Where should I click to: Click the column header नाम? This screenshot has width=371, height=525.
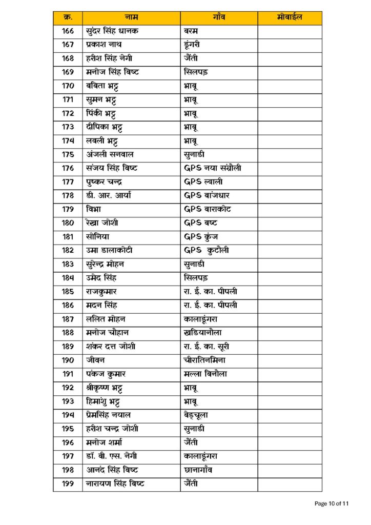pyautogui.click(x=131, y=18)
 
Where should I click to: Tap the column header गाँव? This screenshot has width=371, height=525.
pyautogui.click(x=218, y=18)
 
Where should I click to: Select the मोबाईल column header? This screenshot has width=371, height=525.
pyautogui.click(x=290, y=18)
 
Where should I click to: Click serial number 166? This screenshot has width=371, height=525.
pyautogui.click(x=68, y=31)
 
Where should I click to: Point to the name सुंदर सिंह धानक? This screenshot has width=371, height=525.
pyautogui.click(x=112, y=31)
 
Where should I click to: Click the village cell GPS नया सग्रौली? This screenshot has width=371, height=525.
pyautogui.click(x=212, y=168)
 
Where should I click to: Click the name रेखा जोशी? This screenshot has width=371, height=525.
pyautogui.click(x=103, y=223)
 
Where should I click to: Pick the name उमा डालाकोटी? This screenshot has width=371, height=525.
pyautogui.click(x=109, y=251)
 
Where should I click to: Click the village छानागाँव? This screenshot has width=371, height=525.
pyautogui.click(x=201, y=470)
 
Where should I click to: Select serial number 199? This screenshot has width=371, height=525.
pyautogui.click(x=68, y=483)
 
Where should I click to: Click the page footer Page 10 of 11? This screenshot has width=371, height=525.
pyautogui.click(x=331, y=503)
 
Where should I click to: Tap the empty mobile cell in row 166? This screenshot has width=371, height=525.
pyautogui.click(x=290, y=31)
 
